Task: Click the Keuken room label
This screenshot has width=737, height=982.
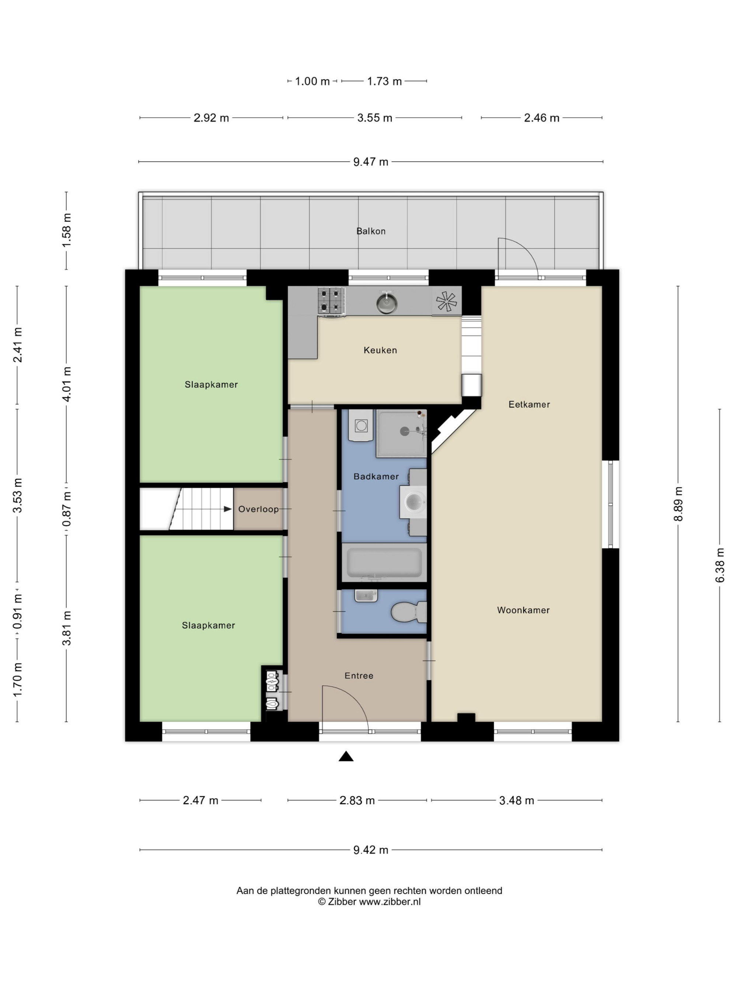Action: click(x=380, y=350)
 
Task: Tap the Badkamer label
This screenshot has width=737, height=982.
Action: click(x=376, y=476)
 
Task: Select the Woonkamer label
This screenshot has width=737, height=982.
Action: click(x=523, y=610)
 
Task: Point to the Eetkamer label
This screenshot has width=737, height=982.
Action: click(x=529, y=404)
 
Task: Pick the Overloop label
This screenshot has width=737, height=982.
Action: click(x=258, y=509)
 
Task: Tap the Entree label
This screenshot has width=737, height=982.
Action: click(x=359, y=676)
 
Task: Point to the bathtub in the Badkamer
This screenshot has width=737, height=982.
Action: click(x=384, y=562)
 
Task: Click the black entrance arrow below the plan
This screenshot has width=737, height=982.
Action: click(x=346, y=756)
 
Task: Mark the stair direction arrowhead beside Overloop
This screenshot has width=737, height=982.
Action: click(x=227, y=509)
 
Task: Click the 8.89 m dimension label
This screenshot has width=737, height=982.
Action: click(x=678, y=504)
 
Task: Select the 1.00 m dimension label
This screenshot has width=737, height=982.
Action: click(x=312, y=81)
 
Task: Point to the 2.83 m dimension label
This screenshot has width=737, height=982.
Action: click(x=357, y=800)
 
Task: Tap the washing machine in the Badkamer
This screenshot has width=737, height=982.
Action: click(x=361, y=425)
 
